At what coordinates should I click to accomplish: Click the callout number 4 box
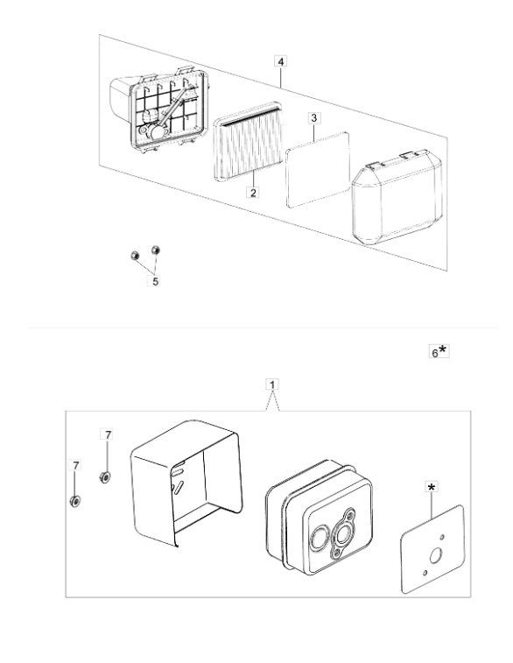pos(281,61)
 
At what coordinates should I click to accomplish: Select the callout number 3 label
pos(313,118)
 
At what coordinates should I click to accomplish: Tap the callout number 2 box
pos(253,193)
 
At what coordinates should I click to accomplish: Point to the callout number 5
pos(155,281)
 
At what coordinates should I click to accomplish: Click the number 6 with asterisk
pos(439,351)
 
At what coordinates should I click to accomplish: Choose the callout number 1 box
pos(272,384)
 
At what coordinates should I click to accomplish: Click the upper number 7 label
pos(109,434)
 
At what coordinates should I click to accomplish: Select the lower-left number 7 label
pos(75,466)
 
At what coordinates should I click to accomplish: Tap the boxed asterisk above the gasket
pos(431,488)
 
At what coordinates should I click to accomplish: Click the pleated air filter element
pos(249,141)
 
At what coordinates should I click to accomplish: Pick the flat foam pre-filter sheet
pos(318,170)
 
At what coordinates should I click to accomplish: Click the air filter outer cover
pos(397,196)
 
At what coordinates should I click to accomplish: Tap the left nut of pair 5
pos(135,256)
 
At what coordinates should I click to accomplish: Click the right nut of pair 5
pos(156,250)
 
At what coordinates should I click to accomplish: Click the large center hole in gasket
pos(436,555)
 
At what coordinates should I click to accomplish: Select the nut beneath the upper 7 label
pos(105,477)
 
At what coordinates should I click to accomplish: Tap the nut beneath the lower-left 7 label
pos(75,501)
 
